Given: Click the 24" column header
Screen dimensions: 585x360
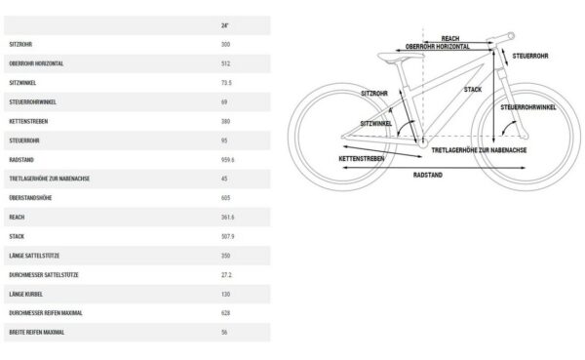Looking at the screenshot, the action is (224, 25).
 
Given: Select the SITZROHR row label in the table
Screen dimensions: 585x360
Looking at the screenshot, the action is (20, 45).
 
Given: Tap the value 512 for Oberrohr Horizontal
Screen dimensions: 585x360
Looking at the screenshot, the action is (225, 63).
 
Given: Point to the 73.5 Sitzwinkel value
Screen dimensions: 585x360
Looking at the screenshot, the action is (226, 83).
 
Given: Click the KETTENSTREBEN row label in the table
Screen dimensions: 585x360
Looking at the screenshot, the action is (28, 121).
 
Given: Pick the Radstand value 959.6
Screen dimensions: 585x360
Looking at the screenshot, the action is (227, 160).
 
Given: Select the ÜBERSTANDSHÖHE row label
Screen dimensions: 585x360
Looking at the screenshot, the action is (30, 198).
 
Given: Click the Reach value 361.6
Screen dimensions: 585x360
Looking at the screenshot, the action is (227, 218).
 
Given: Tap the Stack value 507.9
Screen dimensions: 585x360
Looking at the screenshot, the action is (227, 236).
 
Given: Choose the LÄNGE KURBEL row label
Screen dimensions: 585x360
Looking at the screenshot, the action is (25, 295).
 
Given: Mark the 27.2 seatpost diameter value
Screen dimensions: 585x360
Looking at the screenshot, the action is (226, 275).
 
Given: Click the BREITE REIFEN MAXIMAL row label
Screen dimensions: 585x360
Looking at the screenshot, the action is (37, 333).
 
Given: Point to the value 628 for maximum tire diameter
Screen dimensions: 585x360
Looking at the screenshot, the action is (225, 313).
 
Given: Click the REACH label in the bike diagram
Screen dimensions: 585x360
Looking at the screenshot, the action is (450, 38).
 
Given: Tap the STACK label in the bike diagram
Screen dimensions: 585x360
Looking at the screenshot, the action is (473, 90).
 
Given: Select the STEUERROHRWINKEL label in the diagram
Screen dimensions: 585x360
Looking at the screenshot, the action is (528, 107).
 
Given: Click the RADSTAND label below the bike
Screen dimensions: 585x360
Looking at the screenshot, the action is (428, 176).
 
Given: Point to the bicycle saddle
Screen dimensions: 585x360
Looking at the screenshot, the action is (401, 57).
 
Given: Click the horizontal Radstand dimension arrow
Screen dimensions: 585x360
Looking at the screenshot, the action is (434, 168).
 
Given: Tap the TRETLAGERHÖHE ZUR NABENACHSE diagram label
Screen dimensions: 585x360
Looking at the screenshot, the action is (479, 150).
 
